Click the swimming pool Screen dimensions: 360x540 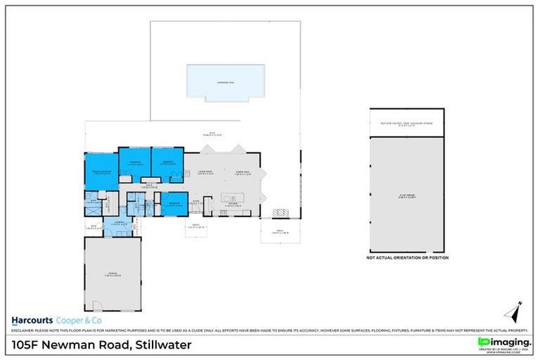click(225, 82)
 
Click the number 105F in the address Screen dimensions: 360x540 click(29, 345)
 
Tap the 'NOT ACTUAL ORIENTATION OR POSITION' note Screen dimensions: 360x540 click(406, 258)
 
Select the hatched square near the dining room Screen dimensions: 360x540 click(281, 212)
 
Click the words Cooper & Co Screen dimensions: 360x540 click(80, 319)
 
